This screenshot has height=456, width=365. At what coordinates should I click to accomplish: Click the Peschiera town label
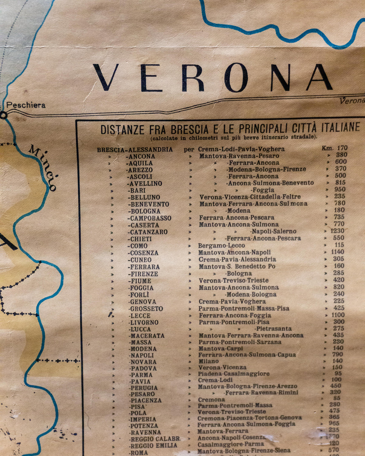coord(26,105)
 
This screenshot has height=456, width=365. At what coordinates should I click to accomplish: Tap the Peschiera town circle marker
coord(3,115)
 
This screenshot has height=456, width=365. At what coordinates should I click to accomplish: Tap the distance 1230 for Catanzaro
coord(337,231)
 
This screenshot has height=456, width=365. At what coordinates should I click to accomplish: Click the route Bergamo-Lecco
coord(221,245)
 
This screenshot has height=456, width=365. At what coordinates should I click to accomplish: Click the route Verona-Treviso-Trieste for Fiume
coord(234,280)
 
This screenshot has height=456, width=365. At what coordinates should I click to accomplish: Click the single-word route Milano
coord(208,361)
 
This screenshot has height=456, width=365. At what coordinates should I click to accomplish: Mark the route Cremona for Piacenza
coord(211,400)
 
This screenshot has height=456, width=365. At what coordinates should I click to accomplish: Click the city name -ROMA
coord(139,452)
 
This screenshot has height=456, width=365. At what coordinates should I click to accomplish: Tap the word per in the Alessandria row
coord(189,149)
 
